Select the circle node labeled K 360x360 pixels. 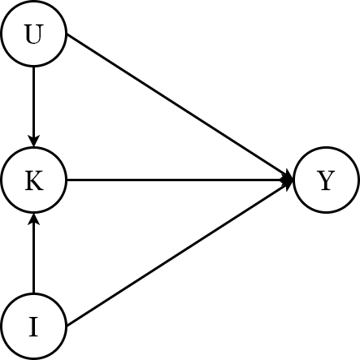click(33, 180)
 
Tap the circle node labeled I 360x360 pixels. click(33, 326)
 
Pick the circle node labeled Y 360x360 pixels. click(325, 180)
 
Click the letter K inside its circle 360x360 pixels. click(33, 180)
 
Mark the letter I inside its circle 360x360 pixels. click(33, 326)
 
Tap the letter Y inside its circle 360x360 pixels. click(325, 180)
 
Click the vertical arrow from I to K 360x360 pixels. click(33, 256)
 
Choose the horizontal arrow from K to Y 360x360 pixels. click(179, 180)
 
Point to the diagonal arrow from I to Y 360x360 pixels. click(179, 254)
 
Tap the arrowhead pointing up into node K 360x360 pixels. click(33, 219)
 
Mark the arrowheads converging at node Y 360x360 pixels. click(287, 180)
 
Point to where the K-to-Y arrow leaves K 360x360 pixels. click(67, 180)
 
